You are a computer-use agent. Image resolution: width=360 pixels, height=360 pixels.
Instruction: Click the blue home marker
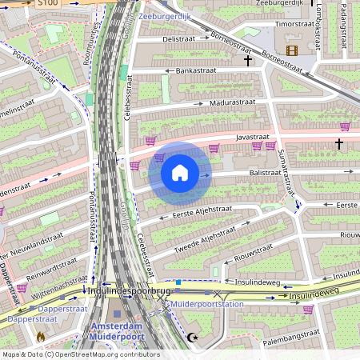point(180,172)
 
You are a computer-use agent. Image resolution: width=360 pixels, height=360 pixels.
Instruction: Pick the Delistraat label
point(179,38)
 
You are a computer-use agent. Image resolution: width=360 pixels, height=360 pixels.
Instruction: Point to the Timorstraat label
point(293,24)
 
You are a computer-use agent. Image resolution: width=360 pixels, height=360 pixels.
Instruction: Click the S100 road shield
point(47,3)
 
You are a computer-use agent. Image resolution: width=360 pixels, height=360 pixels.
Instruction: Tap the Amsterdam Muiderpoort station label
point(117,332)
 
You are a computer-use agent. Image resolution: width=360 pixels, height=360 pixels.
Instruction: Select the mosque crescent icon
point(191,338)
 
